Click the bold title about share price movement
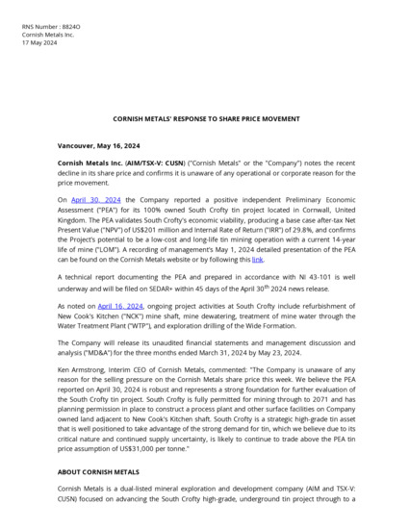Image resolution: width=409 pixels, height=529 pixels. click(204, 119)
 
